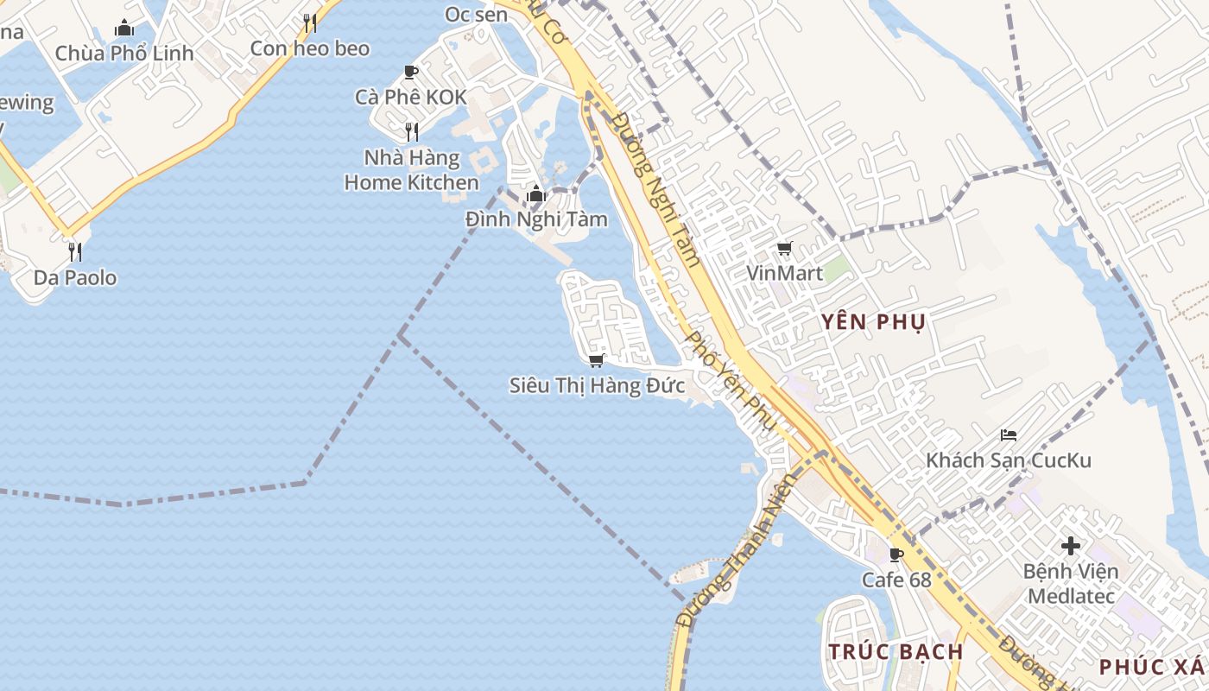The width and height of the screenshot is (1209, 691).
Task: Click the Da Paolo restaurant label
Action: [75, 278]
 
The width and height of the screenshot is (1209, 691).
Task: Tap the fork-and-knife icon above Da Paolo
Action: [75, 252]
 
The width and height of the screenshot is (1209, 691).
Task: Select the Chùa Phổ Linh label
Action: [124, 54]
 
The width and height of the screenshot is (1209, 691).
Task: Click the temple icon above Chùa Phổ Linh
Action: [124, 28]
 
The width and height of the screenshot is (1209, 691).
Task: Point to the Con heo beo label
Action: [310, 48]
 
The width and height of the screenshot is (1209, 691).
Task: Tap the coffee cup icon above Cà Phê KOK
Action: [411, 72]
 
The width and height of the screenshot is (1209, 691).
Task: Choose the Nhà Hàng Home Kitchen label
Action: [411, 170]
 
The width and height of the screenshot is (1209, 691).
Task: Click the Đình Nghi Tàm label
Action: [536, 219]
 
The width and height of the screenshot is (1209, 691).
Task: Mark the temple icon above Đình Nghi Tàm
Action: [536, 193]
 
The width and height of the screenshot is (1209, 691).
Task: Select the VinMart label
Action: [785, 273]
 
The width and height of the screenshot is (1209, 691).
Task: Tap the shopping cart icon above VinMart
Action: [785, 249]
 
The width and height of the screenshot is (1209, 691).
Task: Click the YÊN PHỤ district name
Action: [873, 322]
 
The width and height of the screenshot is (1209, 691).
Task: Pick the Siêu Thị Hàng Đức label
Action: [597, 385]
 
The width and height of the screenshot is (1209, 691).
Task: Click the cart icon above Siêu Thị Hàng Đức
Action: [596, 360]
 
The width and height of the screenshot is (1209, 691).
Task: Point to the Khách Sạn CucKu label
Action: [1009, 460]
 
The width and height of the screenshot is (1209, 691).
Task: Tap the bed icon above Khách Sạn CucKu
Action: [1009, 434]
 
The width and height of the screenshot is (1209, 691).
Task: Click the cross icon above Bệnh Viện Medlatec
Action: [1071, 546]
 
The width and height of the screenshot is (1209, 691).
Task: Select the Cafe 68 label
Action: [897, 580]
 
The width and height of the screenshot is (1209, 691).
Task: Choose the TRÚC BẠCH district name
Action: [896, 651]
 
